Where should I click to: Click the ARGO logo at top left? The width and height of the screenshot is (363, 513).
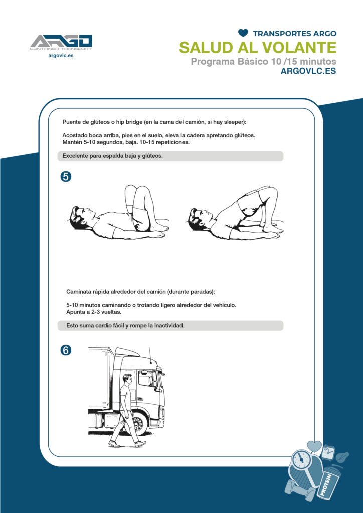[61, 43]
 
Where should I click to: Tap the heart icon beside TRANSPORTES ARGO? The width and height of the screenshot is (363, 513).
[243, 33]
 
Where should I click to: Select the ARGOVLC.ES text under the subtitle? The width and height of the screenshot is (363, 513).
[308, 71]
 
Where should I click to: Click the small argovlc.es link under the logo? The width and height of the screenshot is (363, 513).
[61, 56]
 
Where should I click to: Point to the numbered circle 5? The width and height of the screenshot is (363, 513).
[66, 177]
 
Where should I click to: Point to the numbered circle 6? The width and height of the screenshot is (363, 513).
[66, 350]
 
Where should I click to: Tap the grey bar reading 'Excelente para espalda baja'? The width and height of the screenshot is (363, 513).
[170, 156]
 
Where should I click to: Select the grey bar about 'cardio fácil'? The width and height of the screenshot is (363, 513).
[170, 326]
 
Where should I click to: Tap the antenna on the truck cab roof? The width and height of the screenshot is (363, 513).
[149, 356]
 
